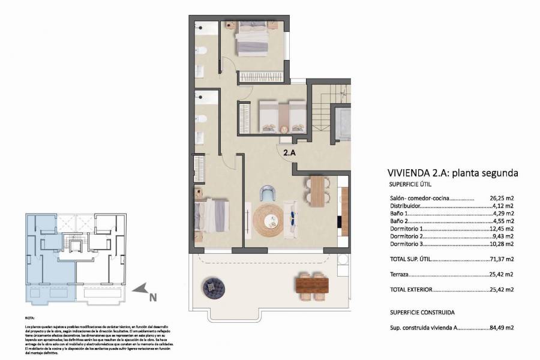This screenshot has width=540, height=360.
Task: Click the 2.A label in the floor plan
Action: (x=289, y=152)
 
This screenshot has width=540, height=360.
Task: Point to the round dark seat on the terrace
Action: (x=213, y=287)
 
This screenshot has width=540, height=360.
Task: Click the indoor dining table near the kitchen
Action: (x=317, y=191)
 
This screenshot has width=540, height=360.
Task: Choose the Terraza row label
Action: (x=399, y=274)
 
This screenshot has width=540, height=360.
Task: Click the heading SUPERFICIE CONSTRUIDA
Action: (x=421, y=313)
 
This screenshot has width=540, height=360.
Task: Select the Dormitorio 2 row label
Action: (x=407, y=236)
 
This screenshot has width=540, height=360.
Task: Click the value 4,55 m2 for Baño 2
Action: (x=503, y=221)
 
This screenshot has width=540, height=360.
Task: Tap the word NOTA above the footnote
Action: (x=30, y=319)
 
